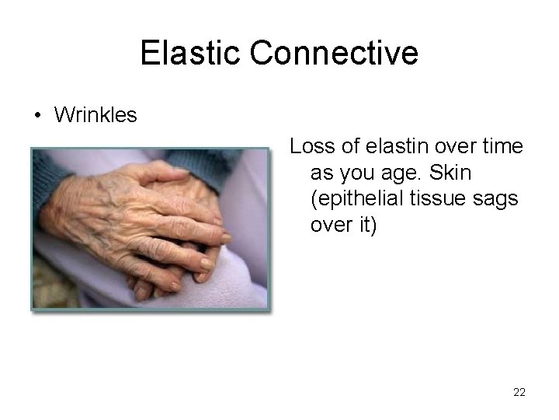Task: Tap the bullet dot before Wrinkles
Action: (37, 117)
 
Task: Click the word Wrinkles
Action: (95, 116)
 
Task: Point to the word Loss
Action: (309, 145)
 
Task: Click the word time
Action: (503, 145)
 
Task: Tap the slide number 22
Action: (519, 392)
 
